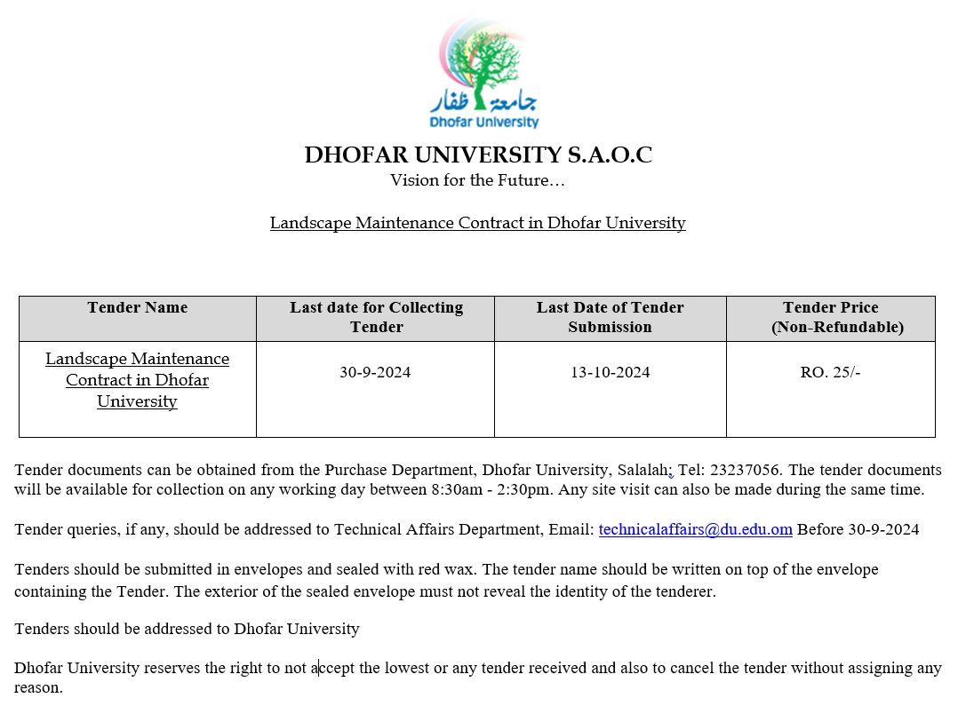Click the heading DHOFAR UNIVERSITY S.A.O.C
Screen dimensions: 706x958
tap(478, 155)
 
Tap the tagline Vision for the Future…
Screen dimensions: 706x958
tap(477, 180)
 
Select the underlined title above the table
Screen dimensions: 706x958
tap(477, 223)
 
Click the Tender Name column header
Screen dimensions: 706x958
tap(138, 308)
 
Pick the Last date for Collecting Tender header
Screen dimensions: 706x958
tap(376, 317)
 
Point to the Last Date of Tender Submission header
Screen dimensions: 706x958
tap(610, 317)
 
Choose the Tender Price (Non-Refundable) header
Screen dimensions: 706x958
tap(830, 317)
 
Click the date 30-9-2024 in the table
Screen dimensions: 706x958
tap(375, 372)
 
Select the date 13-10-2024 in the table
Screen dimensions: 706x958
tap(610, 372)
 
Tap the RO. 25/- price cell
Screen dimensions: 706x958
tap(830, 372)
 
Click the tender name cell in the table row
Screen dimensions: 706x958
tap(137, 380)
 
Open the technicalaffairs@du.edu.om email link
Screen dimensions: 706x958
tap(695, 530)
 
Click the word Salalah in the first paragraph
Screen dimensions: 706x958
tap(644, 470)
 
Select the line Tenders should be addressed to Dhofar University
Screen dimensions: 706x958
tap(187, 629)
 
